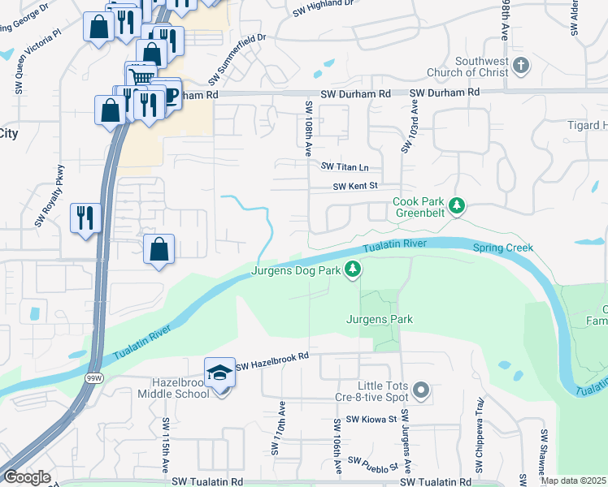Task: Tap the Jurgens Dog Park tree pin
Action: tap(352, 269)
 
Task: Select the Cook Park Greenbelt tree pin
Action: tap(458, 205)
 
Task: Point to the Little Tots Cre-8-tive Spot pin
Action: tap(420, 391)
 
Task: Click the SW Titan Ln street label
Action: tap(345, 167)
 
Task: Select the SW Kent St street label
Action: tap(356, 186)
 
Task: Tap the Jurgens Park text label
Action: tap(380, 320)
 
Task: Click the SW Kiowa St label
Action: tap(370, 420)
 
